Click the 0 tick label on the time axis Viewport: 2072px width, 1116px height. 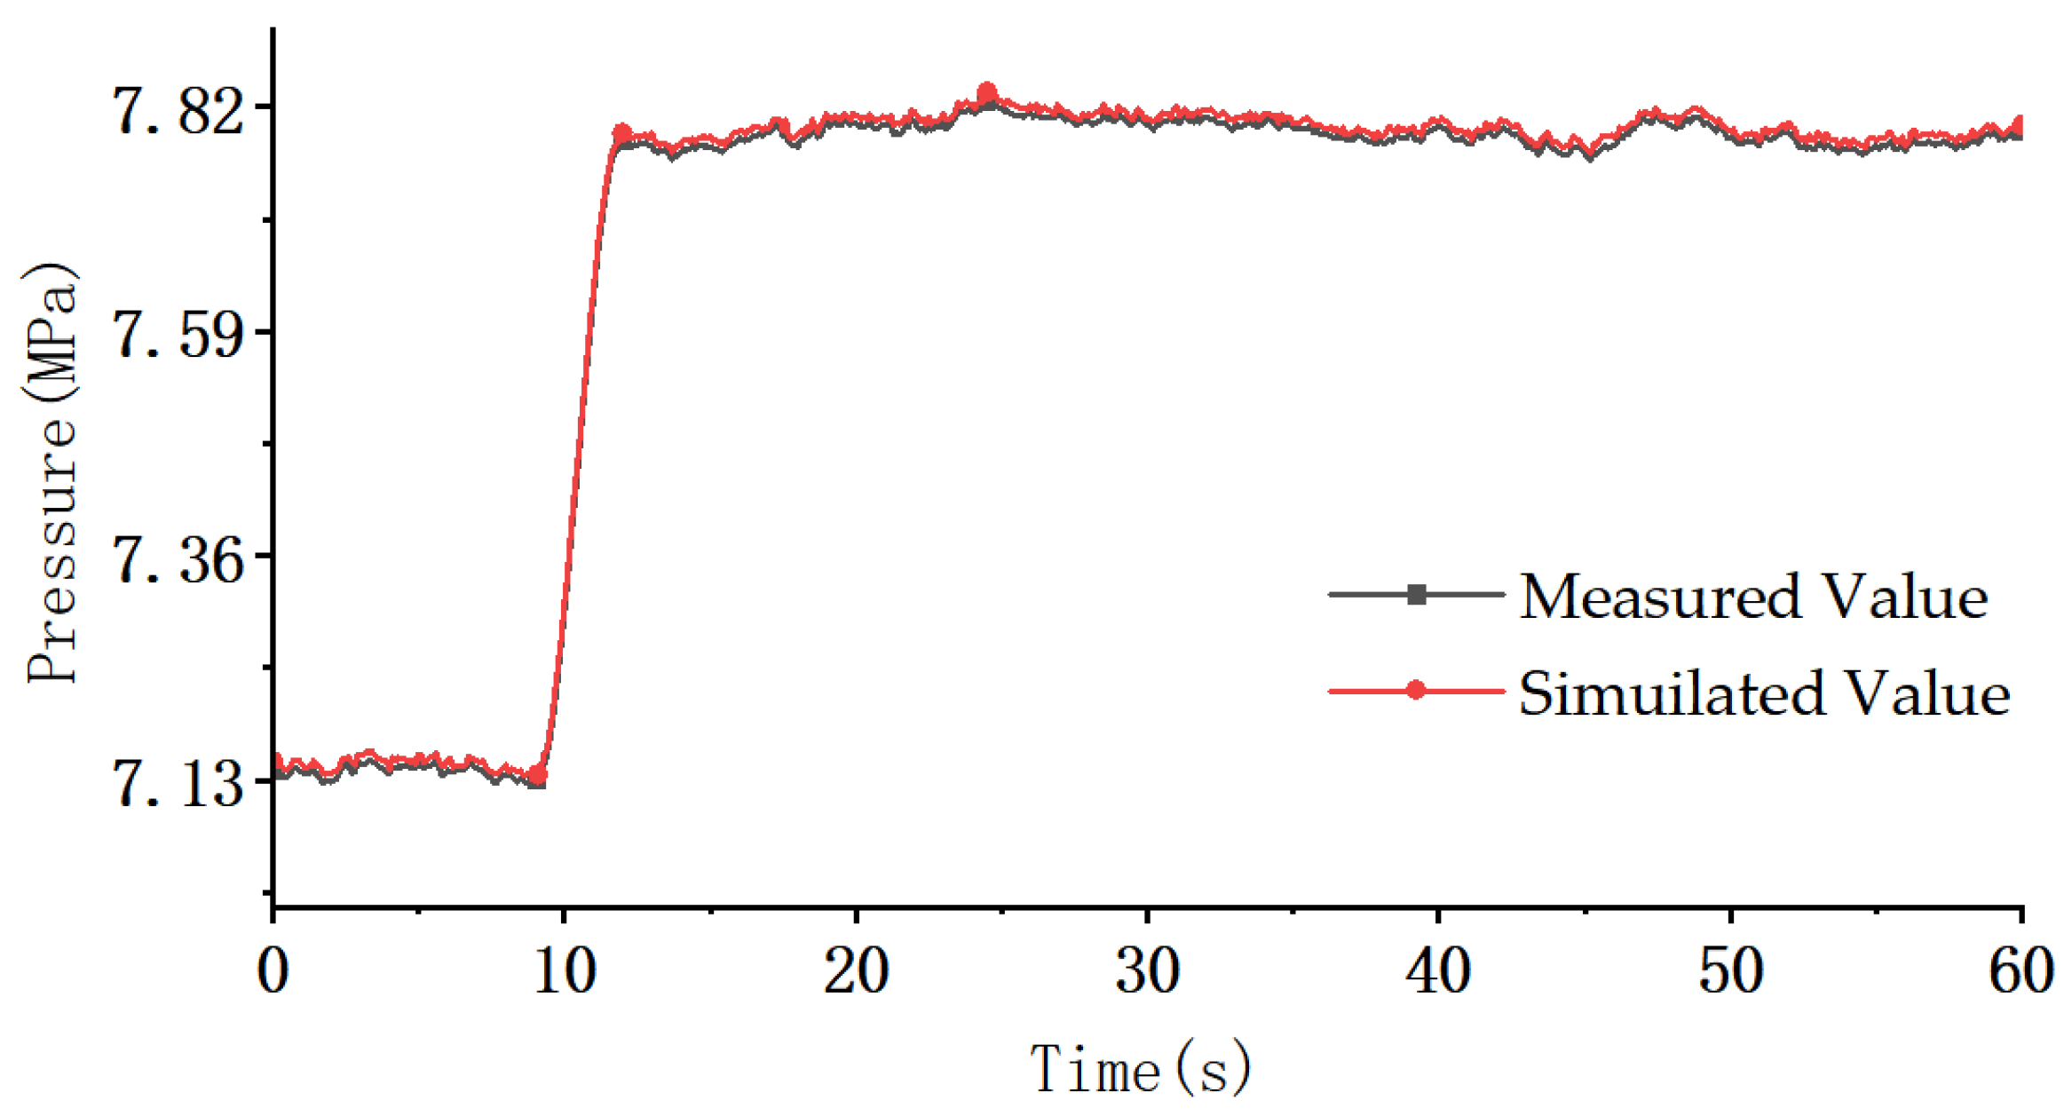[x=273, y=970]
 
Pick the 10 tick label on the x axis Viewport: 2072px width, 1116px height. [x=564, y=970]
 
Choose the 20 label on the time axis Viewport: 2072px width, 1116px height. [x=856, y=970]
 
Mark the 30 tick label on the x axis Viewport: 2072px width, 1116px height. [x=1147, y=970]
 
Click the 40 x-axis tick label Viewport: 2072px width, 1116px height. [x=1438, y=970]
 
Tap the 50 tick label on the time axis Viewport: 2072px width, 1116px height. [x=1730, y=970]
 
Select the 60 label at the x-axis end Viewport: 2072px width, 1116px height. [x=2021, y=970]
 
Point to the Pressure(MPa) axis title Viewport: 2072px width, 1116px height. [x=51, y=474]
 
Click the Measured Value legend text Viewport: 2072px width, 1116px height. [x=1753, y=596]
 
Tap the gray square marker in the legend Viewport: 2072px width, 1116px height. [x=1417, y=594]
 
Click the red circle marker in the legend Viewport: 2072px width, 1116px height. [x=1417, y=690]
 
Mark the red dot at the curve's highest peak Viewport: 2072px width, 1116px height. [x=986, y=93]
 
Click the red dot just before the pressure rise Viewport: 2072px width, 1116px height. [x=537, y=776]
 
